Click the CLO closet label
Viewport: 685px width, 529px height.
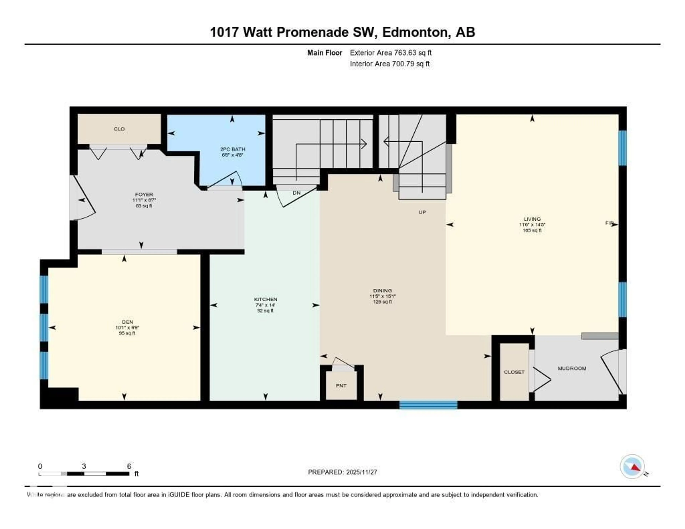pos(119,129)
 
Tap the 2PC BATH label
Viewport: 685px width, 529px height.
pos(232,149)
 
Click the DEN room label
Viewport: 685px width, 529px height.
pos(127,322)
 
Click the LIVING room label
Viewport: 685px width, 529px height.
pos(532,219)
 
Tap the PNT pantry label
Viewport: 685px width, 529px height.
pos(341,386)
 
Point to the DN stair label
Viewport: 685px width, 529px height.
pos(296,193)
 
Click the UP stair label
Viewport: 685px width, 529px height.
pos(422,212)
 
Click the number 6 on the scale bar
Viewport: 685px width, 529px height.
pos(129,466)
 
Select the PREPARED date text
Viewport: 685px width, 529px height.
pos(342,472)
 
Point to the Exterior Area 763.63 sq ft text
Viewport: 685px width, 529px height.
pos(390,53)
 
